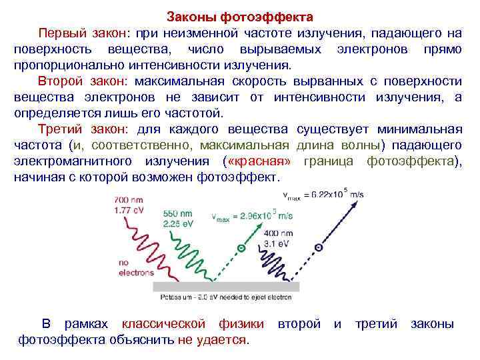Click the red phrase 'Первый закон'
pos(84,33)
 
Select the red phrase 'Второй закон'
pos(84,81)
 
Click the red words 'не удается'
pos(212,340)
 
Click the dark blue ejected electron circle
pos(319,247)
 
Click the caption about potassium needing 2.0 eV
pos(226,297)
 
